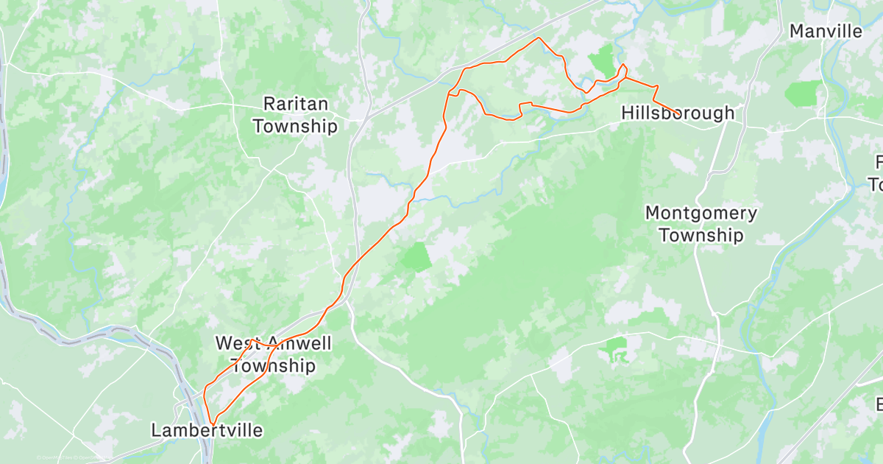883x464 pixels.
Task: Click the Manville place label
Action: [x=825, y=31]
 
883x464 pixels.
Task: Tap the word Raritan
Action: [x=295, y=104]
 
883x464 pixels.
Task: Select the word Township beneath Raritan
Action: [x=295, y=127]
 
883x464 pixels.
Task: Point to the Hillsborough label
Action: [x=678, y=113]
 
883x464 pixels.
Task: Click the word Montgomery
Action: [x=701, y=214]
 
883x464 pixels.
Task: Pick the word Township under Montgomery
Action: [x=701, y=236]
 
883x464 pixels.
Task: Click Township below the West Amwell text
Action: [x=273, y=366]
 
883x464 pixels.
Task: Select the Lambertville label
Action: [x=207, y=430]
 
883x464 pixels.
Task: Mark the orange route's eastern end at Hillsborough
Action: [x=677, y=114]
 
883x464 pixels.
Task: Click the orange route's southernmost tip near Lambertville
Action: [x=213, y=423]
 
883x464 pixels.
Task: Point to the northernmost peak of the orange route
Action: [x=539, y=38]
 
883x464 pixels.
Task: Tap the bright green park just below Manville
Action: [x=802, y=94]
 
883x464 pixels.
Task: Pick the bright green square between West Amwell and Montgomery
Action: [x=416, y=257]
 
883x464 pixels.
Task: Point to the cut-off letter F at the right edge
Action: [x=879, y=162]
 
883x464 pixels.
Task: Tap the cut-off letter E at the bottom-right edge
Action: [x=879, y=404]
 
